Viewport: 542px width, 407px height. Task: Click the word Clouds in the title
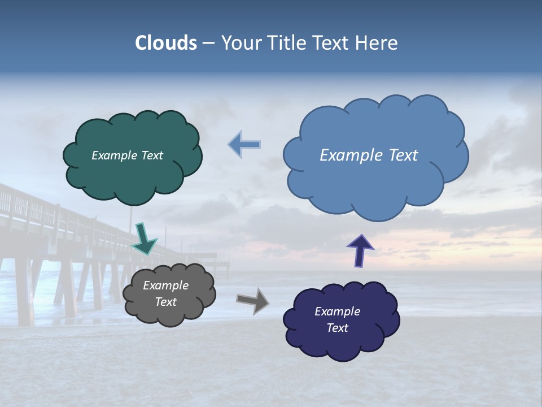[x=166, y=43]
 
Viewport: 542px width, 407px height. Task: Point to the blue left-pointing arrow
[x=244, y=145]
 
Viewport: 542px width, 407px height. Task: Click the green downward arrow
[x=145, y=238]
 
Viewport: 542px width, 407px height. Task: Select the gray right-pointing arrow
[x=252, y=300]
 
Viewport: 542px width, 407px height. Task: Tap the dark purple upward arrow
[x=360, y=250]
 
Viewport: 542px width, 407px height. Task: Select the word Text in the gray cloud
[x=165, y=302]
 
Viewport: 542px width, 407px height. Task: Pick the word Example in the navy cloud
[x=337, y=311]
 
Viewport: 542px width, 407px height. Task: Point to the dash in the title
[x=208, y=44]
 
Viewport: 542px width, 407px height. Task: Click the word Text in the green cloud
[x=152, y=155]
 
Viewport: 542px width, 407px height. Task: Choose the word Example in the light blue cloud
[x=350, y=155]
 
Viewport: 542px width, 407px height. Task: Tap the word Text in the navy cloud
[x=337, y=328]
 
